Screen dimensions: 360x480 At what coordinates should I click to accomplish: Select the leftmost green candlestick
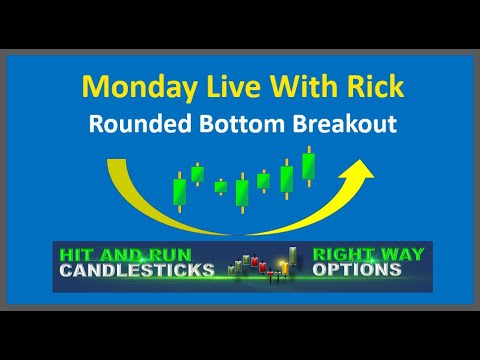(180, 191)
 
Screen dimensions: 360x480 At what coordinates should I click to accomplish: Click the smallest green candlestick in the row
(221, 186)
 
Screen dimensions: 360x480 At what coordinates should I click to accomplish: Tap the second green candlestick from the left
(198, 174)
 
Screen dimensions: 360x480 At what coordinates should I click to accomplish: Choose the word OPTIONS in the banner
(358, 270)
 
